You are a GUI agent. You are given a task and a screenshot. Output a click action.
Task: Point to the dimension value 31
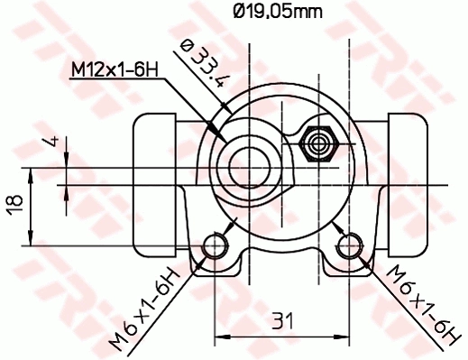pos(282,320)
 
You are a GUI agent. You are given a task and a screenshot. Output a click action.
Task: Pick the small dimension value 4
pos(54,143)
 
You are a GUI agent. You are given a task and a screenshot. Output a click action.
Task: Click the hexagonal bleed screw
pos(318,143)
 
